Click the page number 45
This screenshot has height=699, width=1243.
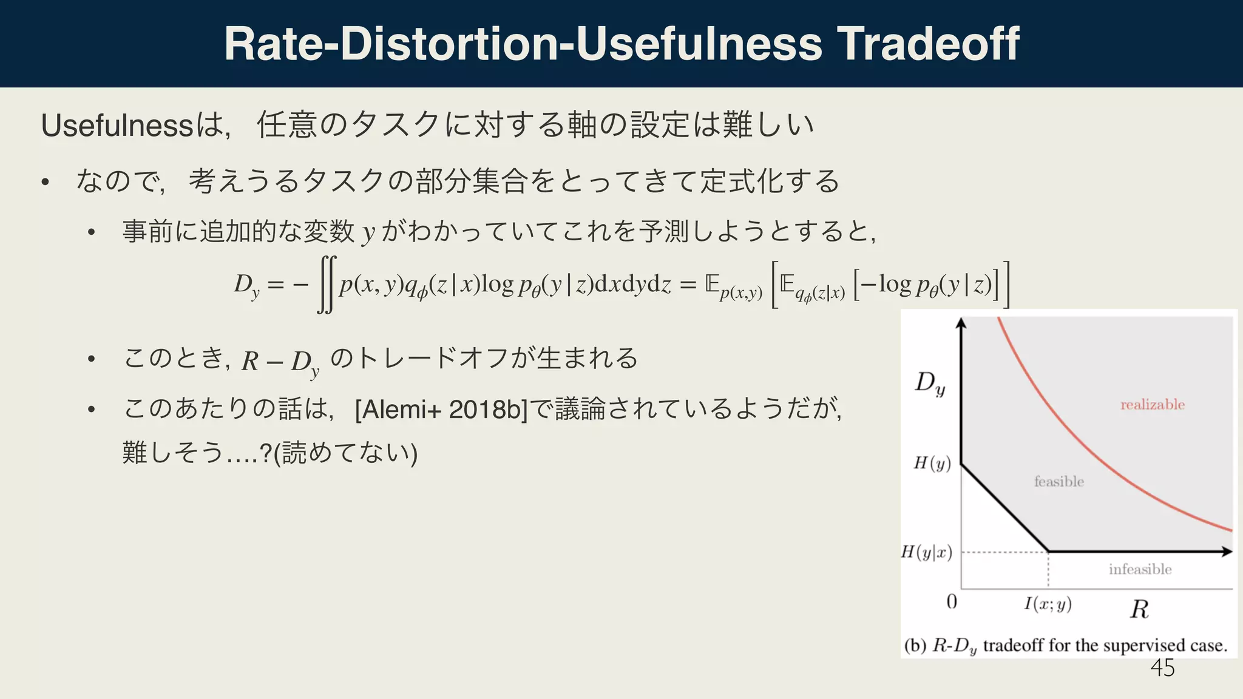click(x=1162, y=668)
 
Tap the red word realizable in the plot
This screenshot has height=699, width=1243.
click(x=1152, y=405)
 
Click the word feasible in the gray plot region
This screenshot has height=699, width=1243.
click(x=1059, y=481)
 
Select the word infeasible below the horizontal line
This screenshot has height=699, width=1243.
click(x=1140, y=569)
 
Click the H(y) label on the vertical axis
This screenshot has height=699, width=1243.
click(x=932, y=464)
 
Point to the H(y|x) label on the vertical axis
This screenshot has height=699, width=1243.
click(x=927, y=552)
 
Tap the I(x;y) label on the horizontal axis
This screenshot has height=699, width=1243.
click(x=1048, y=604)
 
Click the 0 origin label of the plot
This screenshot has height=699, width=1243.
click(x=952, y=601)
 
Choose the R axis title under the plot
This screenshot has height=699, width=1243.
click(x=1139, y=609)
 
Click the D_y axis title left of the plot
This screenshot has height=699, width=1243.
click(x=930, y=383)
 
